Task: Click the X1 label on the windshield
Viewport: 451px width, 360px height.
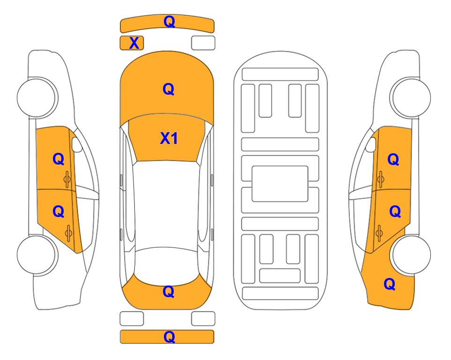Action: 169,138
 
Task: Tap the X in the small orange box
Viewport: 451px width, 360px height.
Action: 134,43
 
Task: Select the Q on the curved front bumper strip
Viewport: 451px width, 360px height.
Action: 169,22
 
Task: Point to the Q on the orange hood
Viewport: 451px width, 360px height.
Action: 169,89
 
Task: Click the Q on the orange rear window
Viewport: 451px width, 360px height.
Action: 169,292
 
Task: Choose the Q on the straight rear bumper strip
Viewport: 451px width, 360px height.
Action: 169,337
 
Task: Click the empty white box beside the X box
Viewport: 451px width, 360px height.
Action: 203,43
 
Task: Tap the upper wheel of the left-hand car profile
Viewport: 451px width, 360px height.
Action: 37,97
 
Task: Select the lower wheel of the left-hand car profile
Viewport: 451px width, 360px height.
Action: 37,255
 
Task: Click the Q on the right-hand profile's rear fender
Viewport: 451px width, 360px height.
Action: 390,284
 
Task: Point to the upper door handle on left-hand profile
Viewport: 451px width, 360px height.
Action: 67,179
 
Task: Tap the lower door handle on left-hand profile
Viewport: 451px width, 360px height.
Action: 68,232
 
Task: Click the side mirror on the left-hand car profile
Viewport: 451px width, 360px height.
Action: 76,144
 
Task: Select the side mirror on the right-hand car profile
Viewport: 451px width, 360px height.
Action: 371,144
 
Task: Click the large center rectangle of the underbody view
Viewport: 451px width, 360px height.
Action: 280,184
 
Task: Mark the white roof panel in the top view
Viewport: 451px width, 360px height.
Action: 167,205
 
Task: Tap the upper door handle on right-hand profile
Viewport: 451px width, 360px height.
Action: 381,179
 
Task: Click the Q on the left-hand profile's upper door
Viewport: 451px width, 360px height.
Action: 59,159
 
